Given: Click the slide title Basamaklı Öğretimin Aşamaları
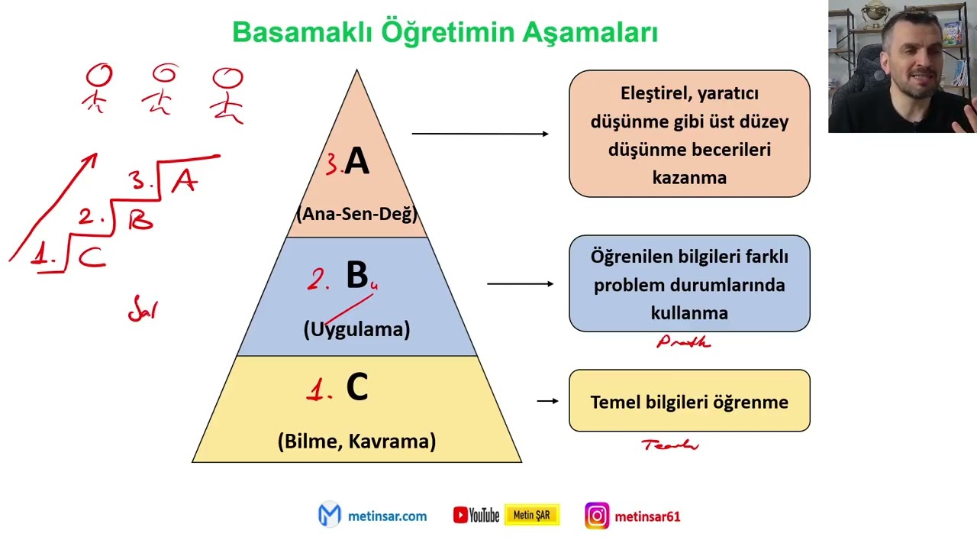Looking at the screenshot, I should [x=445, y=33].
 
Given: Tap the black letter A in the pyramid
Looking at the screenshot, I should [x=356, y=162].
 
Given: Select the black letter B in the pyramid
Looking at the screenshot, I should [x=356, y=276].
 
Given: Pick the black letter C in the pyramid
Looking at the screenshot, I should [x=357, y=388].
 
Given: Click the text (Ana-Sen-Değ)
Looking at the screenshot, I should [x=356, y=214].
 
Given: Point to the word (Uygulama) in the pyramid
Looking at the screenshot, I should [x=356, y=329].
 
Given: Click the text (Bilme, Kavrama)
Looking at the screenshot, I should [x=356, y=441].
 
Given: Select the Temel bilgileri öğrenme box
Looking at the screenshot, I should [x=688, y=401].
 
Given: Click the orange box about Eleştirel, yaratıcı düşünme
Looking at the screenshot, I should [x=688, y=134].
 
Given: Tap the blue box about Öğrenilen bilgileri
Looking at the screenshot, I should [x=688, y=284].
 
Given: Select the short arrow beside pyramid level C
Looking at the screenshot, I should [x=547, y=400].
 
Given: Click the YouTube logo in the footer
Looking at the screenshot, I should [x=476, y=516].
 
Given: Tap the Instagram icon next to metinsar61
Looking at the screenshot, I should [x=597, y=516].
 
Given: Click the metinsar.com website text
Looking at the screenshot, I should [x=387, y=516].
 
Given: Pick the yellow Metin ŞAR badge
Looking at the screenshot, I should [x=532, y=516].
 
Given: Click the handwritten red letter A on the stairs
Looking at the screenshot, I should [x=185, y=181].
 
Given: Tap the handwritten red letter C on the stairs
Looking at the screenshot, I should [x=92, y=257].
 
